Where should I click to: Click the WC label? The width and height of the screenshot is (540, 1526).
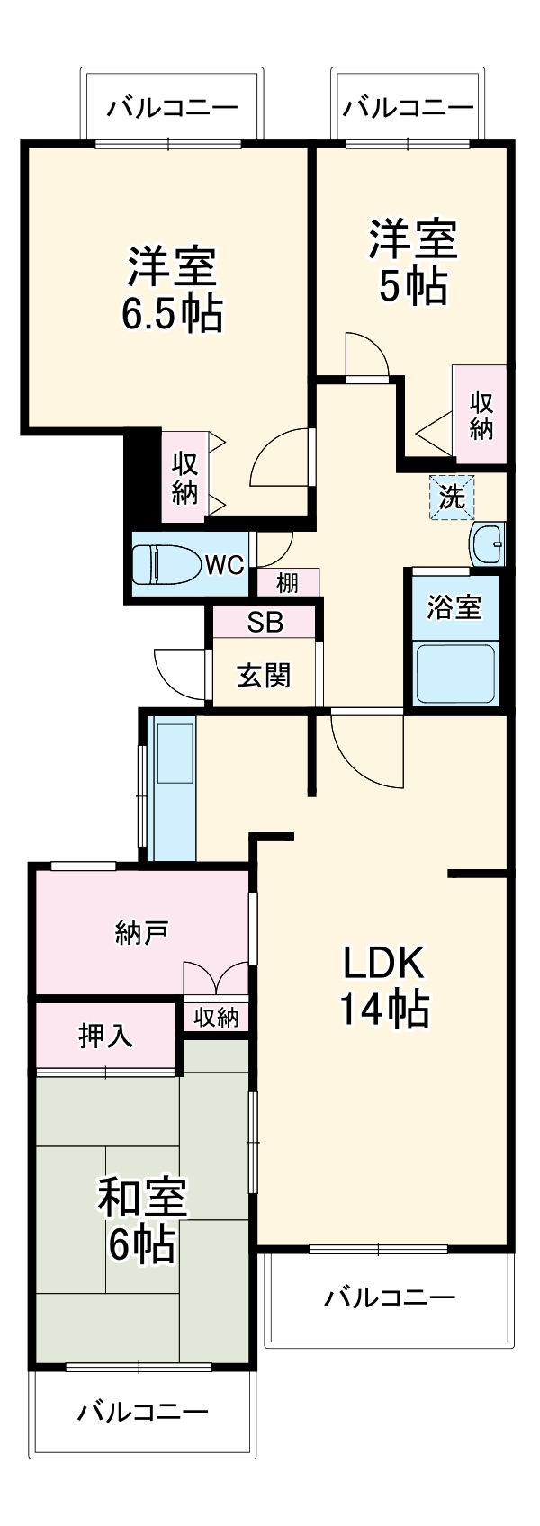coord(224,565)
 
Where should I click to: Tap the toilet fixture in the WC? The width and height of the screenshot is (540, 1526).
coord(166,565)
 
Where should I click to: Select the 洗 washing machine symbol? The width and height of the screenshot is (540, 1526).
coord(452,497)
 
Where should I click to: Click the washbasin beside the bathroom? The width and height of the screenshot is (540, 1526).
coord(487,543)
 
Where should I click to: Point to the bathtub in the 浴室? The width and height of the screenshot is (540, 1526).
coord(454,672)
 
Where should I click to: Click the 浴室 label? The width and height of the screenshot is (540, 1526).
coord(454,607)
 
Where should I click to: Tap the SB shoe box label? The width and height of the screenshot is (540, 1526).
coord(265,622)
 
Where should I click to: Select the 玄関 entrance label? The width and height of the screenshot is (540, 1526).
coord(264,675)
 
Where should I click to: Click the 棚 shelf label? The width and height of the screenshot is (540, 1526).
coord(287,583)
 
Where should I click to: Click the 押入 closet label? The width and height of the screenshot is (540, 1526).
coord(106,1036)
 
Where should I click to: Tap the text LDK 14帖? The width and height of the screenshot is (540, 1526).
coord(383,986)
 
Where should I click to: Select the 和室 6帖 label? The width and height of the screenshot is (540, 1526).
coord(142,1220)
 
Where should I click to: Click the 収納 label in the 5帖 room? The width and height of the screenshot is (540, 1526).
coord(481,415)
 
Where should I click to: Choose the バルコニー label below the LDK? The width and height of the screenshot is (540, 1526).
coord(390,1297)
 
